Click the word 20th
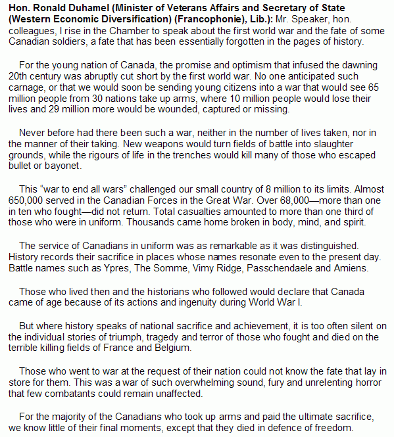click(19, 80)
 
